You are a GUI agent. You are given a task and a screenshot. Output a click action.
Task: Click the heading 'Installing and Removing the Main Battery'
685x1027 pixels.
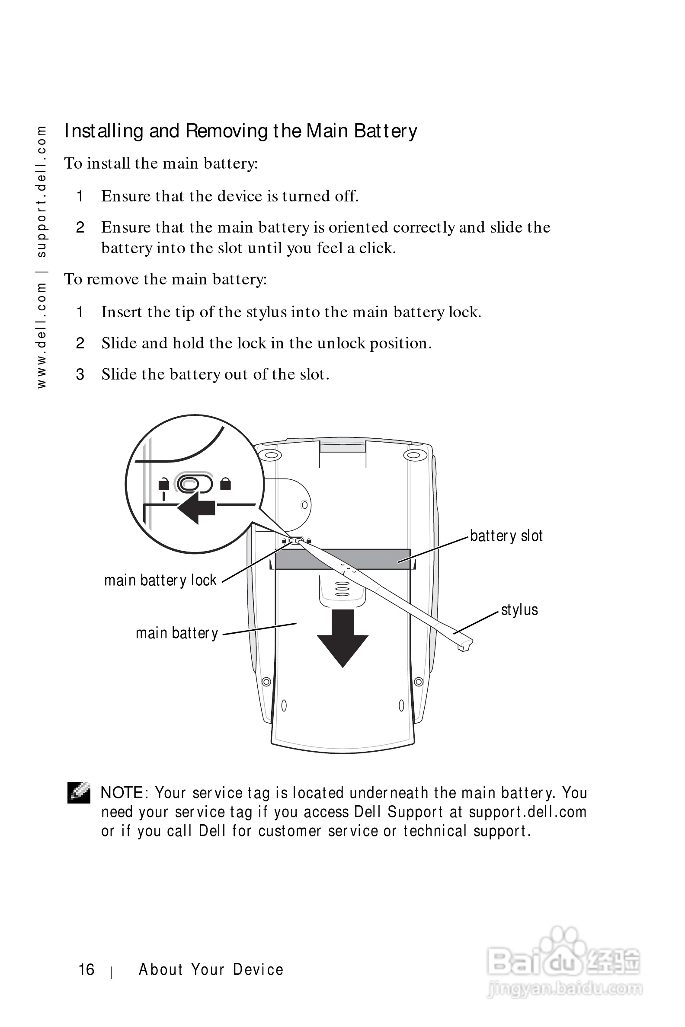(240, 131)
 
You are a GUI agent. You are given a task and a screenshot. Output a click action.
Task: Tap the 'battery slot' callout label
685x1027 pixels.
(506, 536)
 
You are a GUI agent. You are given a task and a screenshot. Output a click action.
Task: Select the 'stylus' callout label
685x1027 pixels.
(519, 609)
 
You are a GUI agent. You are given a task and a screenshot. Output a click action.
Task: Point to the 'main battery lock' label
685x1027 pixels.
(160, 580)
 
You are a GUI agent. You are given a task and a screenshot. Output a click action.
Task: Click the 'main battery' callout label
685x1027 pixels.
(176, 633)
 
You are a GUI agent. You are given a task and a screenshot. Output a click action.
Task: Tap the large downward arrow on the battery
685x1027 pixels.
(342, 637)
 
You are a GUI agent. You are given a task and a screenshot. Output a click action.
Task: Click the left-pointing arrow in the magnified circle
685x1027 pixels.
(196, 508)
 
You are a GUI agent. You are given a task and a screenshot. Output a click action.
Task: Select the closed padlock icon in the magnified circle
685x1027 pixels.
(225, 484)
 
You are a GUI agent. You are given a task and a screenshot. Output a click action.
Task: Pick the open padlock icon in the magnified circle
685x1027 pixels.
(163, 484)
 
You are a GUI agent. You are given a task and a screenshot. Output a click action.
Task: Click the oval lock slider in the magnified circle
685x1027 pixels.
(194, 484)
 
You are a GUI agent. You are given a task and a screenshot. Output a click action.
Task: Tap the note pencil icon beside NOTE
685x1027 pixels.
(79, 793)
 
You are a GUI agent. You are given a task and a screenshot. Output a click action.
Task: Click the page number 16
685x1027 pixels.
(86, 970)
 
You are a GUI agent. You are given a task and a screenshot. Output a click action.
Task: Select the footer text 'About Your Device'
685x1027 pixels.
(211, 970)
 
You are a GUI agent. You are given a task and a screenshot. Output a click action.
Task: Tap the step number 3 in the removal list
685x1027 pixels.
(80, 374)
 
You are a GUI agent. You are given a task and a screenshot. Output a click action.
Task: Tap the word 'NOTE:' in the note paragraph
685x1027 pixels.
(125, 793)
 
